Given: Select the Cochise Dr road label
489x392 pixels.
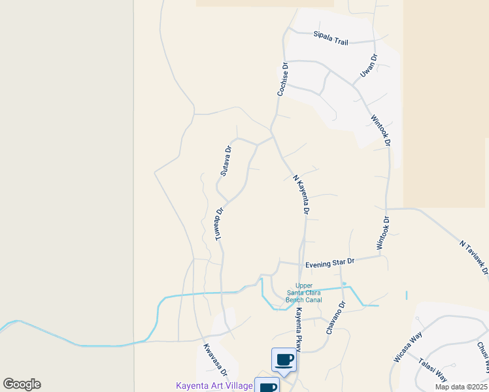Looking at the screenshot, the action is [x=283, y=79].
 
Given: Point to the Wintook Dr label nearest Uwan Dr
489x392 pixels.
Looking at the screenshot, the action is [x=380, y=131].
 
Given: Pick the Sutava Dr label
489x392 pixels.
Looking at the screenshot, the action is [x=226, y=161].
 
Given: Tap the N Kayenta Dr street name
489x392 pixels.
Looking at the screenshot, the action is [x=301, y=194].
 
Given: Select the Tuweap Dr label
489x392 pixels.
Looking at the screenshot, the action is [x=220, y=225].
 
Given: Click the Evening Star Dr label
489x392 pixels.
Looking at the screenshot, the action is [x=329, y=263].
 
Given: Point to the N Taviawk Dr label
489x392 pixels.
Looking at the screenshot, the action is [x=474, y=256].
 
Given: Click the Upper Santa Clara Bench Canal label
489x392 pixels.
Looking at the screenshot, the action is [x=305, y=293].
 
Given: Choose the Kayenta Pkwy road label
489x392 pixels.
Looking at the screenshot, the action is [x=297, y=329].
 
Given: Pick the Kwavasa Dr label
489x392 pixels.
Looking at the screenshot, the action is [x=215, y=359].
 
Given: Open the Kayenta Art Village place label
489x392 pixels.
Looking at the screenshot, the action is [x=214, y=386].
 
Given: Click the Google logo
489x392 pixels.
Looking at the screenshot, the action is [x=22, y=384].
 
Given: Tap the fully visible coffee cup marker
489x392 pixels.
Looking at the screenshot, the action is [x=284, y=359].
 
